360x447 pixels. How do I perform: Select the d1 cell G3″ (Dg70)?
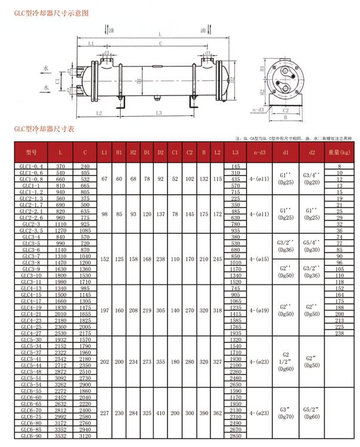point(285,413)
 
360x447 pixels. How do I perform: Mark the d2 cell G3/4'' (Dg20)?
point(312,178)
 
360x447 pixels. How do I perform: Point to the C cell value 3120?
point(85,436)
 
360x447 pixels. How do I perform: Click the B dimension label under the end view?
point(285,118)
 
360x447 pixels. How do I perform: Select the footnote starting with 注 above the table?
point(293,137)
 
